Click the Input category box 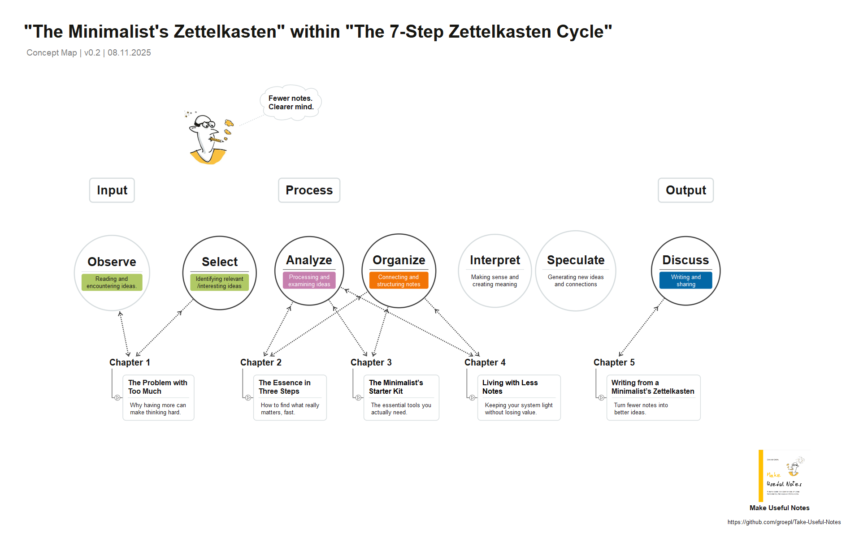pos(112,190)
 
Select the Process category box pos(309,190)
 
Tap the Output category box pos(685,190)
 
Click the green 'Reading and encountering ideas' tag pos(112,283)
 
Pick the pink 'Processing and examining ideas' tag pos(309,281)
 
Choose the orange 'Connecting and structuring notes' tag pos(399,281)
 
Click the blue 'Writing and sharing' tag pos(685,281)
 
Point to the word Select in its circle pos(220,262)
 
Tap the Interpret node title pos(495,260)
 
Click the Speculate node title pos(576,260)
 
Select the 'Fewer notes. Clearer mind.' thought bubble pos(291,103)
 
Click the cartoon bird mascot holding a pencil pos(208,139)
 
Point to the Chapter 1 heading pos(130,362)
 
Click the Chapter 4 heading pos(485,362)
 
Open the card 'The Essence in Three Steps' pos(290,398)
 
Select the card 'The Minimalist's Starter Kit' pos(401,398)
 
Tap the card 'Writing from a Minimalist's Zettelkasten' pos(653,398)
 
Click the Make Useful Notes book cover pos(784,476)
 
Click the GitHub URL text pos(784,522)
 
